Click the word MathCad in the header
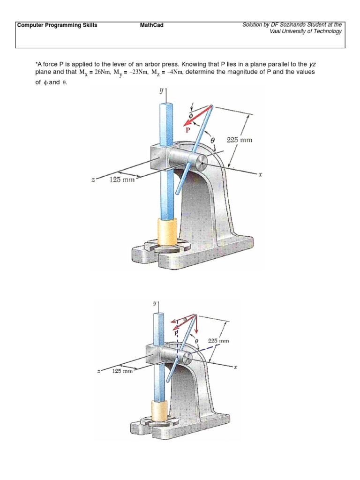coord(152,25)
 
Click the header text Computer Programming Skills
coord(57,25)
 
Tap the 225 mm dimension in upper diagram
coord(239,139)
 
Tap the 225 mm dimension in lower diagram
coord(218,341)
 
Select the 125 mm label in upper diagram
coord(122,180)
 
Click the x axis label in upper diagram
coord(260,174)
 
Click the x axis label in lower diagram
coord(235,367)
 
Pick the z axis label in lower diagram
coord(98,371)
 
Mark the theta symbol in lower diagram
coord(196,342)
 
